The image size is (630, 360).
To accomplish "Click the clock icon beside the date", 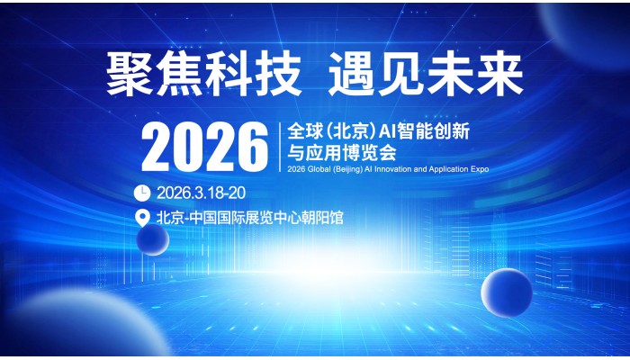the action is [x=142, y=193].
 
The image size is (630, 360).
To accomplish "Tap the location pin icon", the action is [x=142, y=218].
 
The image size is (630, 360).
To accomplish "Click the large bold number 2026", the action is [x=204, y=147].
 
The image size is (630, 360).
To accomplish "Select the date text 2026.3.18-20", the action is [x=201, y=193].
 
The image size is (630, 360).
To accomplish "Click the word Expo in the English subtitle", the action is [x=480, y=169].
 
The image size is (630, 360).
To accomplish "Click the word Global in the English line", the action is [x=319, y=169].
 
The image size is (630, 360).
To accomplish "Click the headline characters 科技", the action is [x=253, y=74].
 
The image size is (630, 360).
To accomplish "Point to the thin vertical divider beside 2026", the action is [x=280, y=148].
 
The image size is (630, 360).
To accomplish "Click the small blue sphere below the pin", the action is [x=153, y=240].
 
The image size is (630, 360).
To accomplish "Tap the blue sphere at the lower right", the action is [x=507, y=292].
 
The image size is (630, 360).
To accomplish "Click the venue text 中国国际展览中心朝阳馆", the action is [x=266, y=218].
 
